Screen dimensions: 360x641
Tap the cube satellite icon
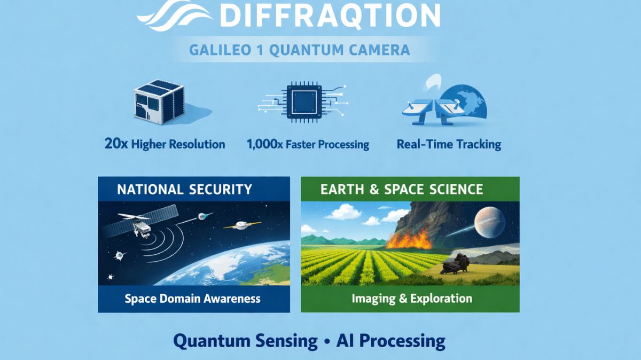(158, 103)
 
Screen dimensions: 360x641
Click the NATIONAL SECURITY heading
(184, 189)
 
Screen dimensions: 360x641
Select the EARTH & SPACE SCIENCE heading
(401, 189)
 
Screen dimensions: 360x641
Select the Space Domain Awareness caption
(192, 298)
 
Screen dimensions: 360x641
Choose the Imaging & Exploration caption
(411, 298)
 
